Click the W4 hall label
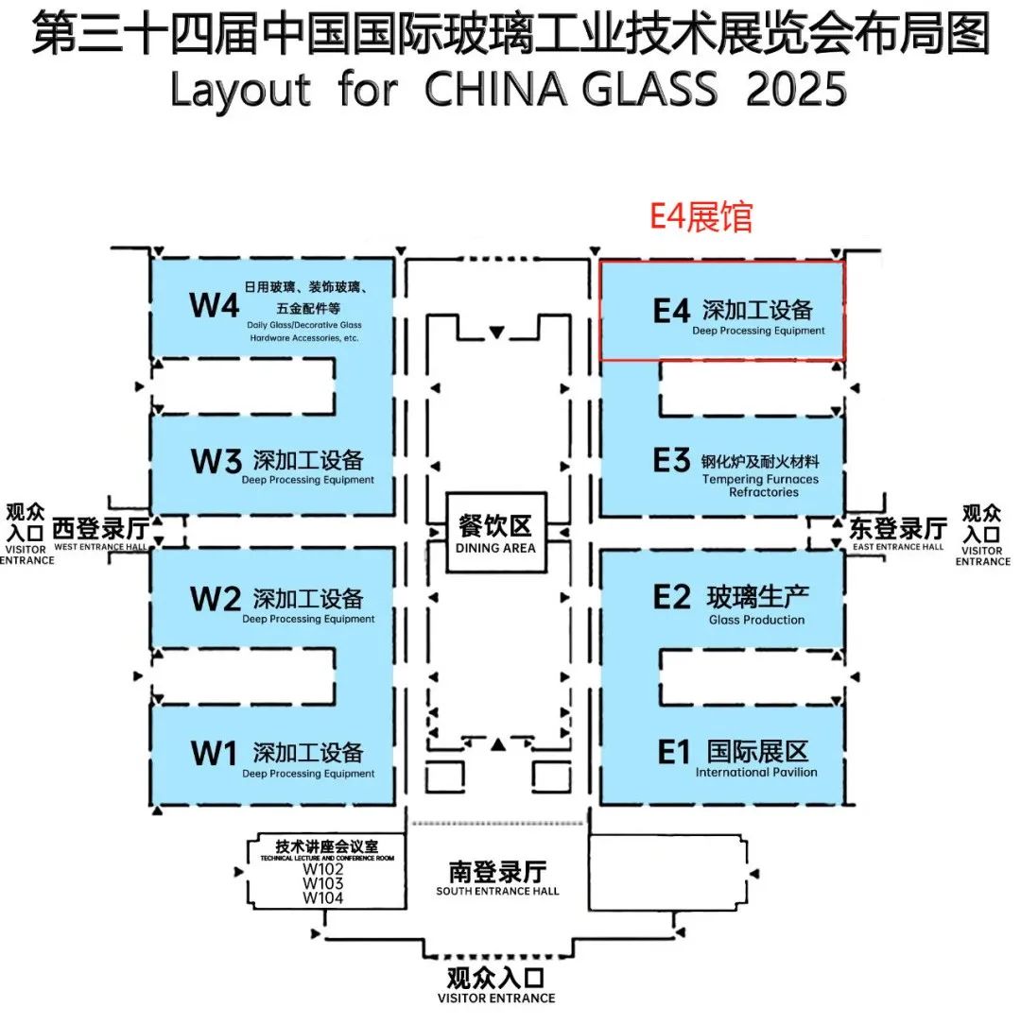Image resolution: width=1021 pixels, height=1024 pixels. click(214, 305)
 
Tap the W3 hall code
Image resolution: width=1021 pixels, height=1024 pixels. click(216, 461)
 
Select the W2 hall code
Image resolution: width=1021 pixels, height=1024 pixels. click(215, 599)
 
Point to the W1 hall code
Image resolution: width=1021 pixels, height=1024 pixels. click(213, 753)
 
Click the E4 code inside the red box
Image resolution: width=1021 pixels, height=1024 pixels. click(671, 311)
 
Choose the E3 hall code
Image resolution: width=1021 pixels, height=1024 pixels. click(671, 460)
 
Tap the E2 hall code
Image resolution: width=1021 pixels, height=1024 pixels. click(671, 597)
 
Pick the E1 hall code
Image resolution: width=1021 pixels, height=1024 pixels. click(673, 752)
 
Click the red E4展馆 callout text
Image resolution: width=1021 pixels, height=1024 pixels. click(701, 217)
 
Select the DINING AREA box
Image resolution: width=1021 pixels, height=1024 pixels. click(496, 533)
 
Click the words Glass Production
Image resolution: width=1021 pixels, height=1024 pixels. click(756, 620)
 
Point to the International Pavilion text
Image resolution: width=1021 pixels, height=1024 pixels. click(756, 772)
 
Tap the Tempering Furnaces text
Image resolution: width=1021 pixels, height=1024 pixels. click(760, 479)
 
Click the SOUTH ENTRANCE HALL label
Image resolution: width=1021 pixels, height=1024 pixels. click(497, 891)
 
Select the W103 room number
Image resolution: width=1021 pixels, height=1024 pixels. click(323, 883)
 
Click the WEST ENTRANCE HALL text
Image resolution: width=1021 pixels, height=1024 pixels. click(100, 547)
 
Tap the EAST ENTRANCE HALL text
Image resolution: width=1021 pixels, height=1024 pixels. click(898, 547)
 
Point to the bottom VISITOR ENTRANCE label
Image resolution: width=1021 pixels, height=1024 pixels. click(496, 998)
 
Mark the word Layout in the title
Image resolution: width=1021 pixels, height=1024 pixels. click(240, 90)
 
